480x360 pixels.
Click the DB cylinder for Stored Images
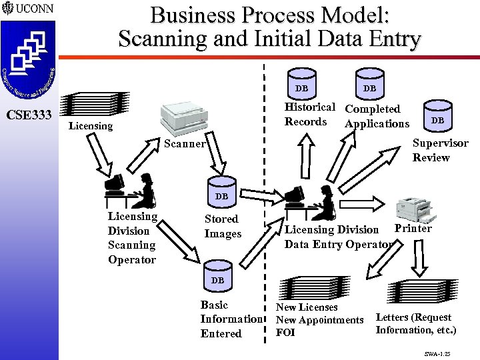tap(222, 195)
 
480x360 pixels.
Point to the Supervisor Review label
tap(440, 150)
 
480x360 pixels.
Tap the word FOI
tap(285, 333)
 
